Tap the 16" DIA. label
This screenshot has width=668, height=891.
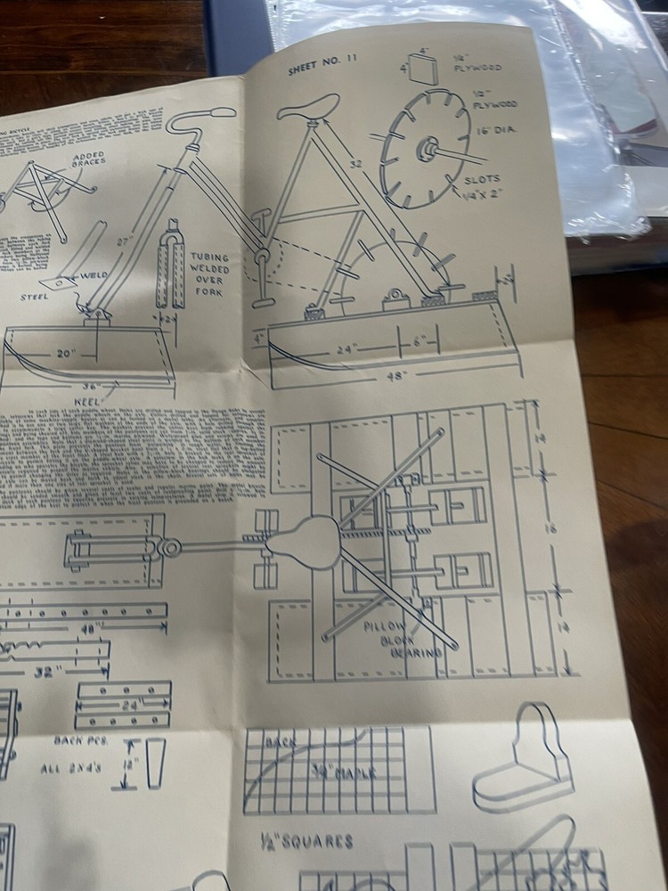502,130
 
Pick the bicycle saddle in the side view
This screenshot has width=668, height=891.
307,107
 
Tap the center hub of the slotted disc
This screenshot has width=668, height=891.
426,150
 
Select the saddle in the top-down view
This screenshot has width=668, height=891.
303,543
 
